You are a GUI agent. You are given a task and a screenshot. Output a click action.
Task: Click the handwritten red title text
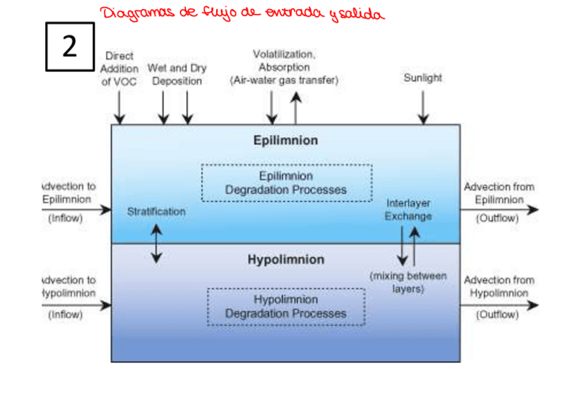point(241,13)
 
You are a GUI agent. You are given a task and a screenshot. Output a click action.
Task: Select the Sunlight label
point(422,78)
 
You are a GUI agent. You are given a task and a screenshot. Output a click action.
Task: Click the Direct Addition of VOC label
point(119,68)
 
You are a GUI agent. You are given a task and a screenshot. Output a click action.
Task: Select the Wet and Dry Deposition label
point(177,75)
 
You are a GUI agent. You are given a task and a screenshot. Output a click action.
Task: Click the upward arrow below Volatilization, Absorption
point(296,107)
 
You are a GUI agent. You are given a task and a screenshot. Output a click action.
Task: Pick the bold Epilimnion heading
point(285,141)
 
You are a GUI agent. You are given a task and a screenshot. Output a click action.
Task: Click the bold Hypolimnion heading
point(285,260)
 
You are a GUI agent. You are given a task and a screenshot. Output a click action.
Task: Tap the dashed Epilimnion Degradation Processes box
point(287,183)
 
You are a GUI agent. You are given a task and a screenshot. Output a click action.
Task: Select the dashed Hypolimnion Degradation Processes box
point(286,307)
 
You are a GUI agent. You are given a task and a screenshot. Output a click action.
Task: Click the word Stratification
point(156,211)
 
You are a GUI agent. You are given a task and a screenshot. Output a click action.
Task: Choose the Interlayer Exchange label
point(408,209)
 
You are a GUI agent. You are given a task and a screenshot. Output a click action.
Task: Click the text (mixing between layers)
point(408,282)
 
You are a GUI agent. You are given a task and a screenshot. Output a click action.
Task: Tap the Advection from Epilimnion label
point(498,193)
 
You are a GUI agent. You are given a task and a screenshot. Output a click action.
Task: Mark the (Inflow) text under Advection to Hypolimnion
point(65,315)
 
